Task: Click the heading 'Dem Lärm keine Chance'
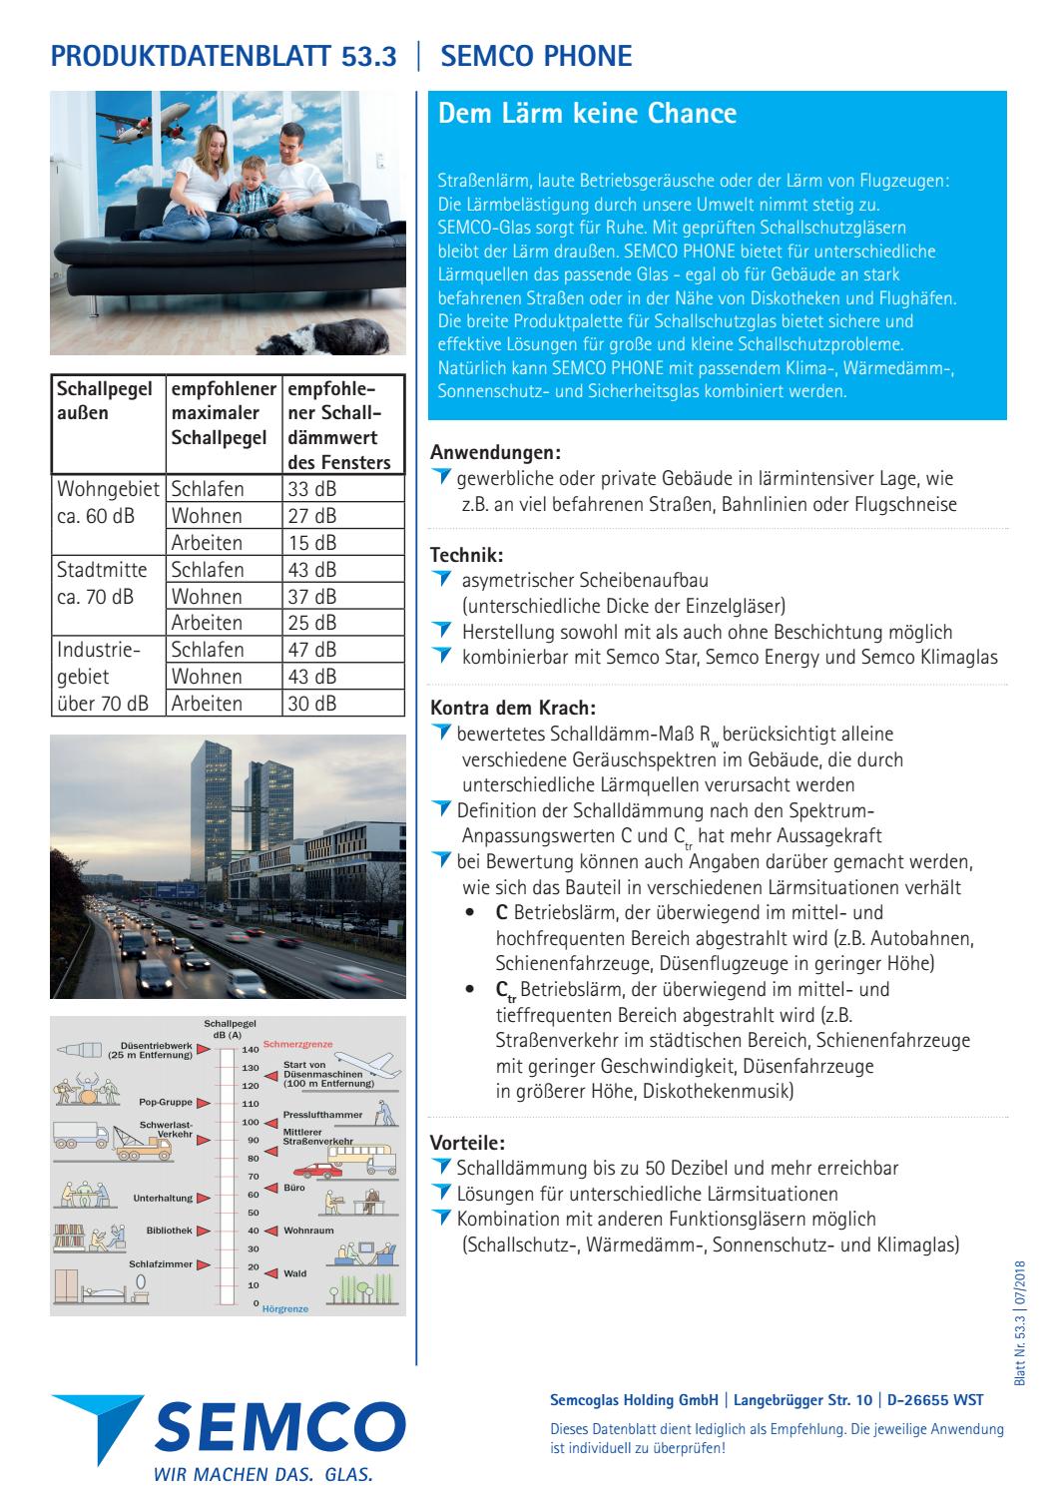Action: click(x=587, y=114)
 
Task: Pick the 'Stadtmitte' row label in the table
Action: click(x=103, y=570)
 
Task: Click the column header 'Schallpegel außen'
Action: click(x=96, y=399)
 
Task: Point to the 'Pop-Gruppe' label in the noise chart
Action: click(x=163, y=1103)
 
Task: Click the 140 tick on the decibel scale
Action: click(x=250, y=1050)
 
